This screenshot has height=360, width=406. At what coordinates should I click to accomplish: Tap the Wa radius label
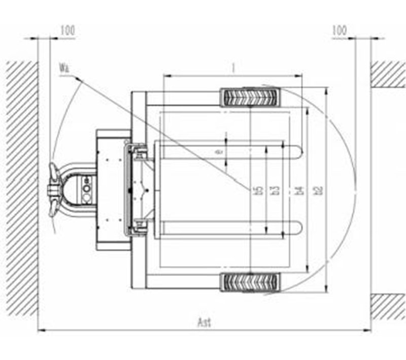(x=64, y=67)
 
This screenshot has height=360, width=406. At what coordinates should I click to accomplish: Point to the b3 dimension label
(x=274, y=190)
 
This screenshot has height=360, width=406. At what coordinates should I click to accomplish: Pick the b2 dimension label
(x=318, y=190)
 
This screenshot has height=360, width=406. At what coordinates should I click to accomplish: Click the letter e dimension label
(x=218, y=151)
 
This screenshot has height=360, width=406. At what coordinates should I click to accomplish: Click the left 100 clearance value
(x=67, y=30)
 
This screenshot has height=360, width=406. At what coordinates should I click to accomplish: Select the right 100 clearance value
(x=339, y=30)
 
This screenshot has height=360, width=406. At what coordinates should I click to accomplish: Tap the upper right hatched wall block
(x=388, y=74)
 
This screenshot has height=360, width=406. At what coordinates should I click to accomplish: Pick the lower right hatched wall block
(x=388, y=306)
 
